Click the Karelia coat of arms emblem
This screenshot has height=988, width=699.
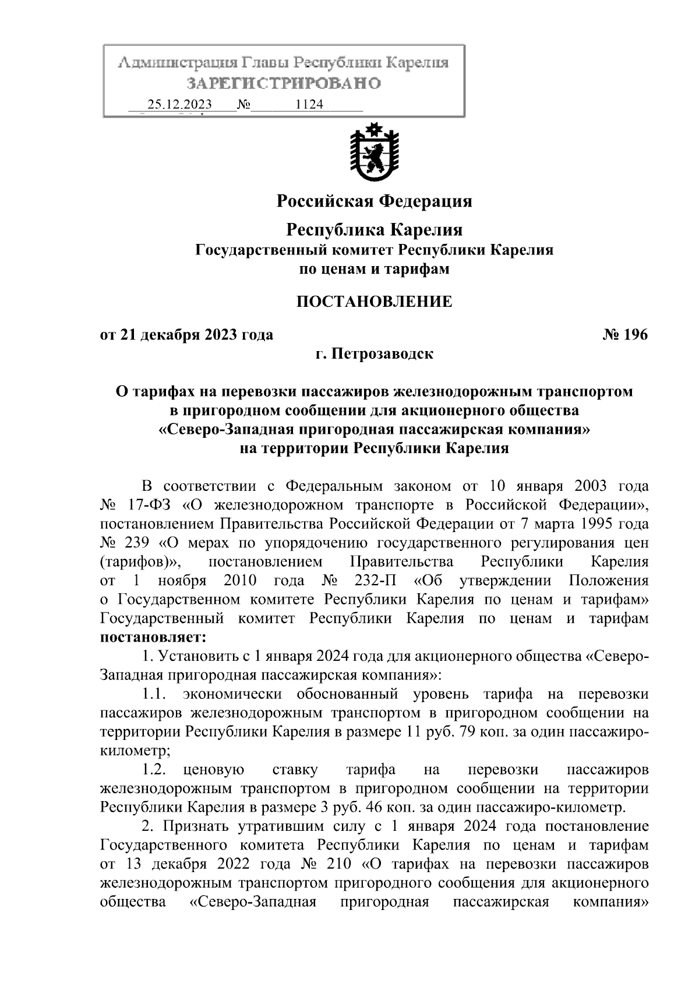(x=374, y=153)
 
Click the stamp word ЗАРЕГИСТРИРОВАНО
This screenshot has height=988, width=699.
(x=284, y=83)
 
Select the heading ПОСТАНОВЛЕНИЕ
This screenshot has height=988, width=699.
(x=374, y=302)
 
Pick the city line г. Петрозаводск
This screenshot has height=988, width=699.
(x=374, y=353)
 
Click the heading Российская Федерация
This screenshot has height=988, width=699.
(x=374, y=201)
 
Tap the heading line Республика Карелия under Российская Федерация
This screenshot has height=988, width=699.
(x=374, y=230)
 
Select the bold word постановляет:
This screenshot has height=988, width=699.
(x=153, y=637)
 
